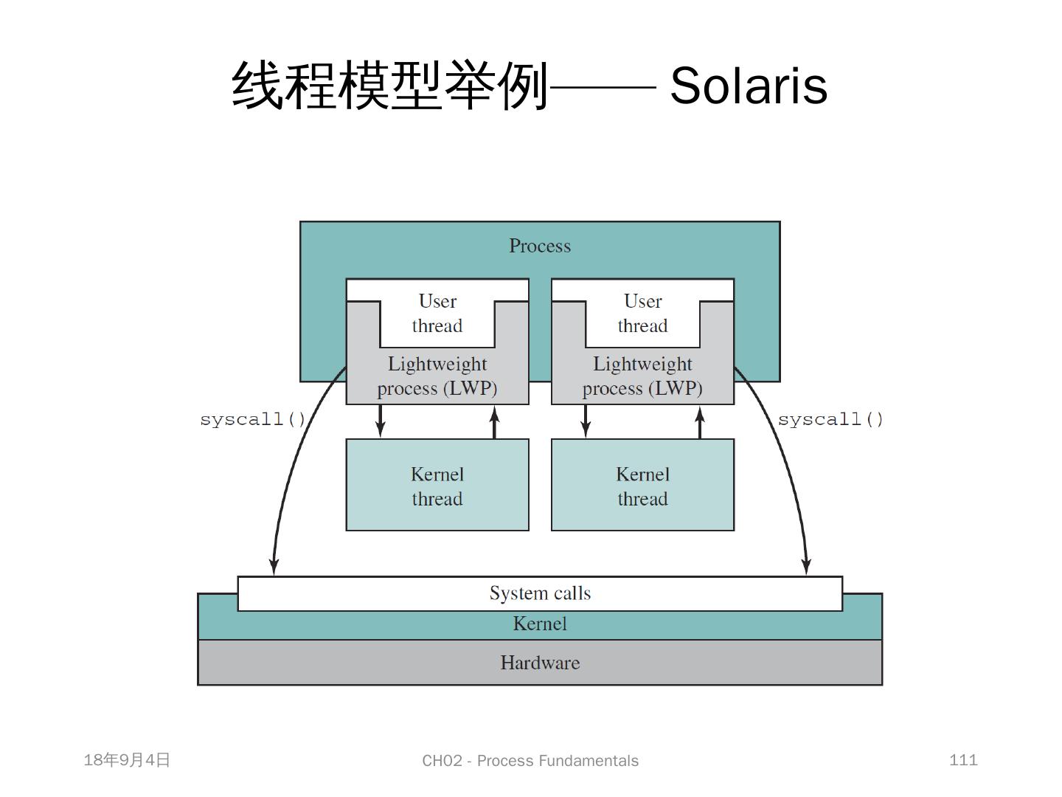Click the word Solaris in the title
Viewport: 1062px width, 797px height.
click(749, 86)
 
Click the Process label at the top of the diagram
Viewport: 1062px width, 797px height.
click(540, 246)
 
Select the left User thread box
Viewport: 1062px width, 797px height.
click(437, 314)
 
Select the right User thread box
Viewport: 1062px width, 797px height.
click(642, 314)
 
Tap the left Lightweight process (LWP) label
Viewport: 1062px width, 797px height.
click(437, 376)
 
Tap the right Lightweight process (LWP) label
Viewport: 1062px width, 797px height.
click(642, 376)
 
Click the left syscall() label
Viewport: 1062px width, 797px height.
click(253, 420)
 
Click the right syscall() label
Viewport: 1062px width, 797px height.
click(830, 420)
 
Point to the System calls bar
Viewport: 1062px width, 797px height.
click(540, 593)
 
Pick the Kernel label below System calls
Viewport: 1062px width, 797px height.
click(540, 624)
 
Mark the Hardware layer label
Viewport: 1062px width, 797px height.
click(540, 663)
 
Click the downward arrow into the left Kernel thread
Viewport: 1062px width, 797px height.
click(381, 421)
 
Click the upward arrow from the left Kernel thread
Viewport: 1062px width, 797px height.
click(495, 421)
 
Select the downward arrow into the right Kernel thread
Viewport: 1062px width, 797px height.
click(586, 421)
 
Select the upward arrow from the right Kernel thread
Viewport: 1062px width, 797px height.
click(700, 421)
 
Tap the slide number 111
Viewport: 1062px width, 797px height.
click(963, 760)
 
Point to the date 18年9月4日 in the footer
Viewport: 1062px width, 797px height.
click(127, 760)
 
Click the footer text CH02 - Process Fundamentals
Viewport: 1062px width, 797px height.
click(530, 761)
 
